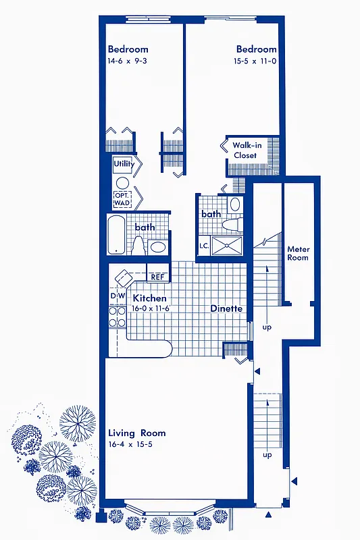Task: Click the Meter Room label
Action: tap(298, 253)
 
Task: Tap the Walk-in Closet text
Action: tap(245, 150)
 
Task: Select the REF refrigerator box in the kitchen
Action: tap(157, 277)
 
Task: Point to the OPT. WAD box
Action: tap(123, 199)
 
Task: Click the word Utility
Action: tap(124, 163)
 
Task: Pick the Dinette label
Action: tap(226, 308)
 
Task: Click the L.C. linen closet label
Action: tap(203, 246)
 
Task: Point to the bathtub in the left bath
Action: tap(116, 234)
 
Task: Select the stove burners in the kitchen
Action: tap(117, 317)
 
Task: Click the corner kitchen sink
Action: tap(126, 277)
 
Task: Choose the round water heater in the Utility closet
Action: tap(122, 182)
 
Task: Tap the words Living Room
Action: tap(136, 433)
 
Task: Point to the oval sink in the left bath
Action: tap(158, 247)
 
